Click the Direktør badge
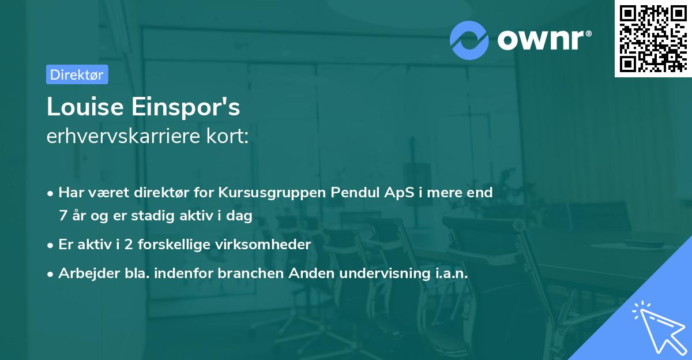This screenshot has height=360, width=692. pyautogui.click(x=77, y=74)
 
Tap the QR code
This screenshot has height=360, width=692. pyautogui.click(x=653, y=39)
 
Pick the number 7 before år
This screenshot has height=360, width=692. pyautogui.click(x=63, y=216)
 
